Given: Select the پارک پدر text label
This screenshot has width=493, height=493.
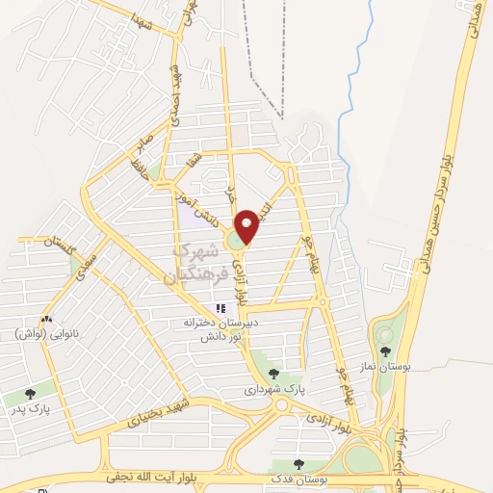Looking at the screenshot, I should [x=30, y=408].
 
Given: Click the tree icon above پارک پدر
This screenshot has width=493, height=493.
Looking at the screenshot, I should [x=30, y=393].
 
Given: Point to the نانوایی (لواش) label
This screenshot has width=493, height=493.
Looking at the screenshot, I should [x=45, y=334].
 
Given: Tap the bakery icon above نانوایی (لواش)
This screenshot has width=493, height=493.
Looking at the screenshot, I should [x=45, y=320].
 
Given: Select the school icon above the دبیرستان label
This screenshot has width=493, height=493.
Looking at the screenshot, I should [x=221, y=309].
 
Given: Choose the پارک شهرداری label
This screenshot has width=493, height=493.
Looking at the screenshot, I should [x=274, y=390].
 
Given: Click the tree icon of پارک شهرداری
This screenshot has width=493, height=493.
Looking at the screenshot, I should [x=274, y=374].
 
